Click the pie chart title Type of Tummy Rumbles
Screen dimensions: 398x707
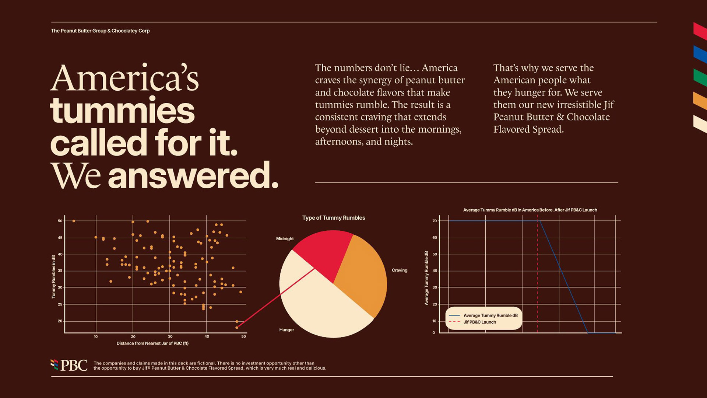coord(334,218)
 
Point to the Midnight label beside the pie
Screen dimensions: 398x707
coord(285,239)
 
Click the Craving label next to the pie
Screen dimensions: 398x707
coord(399,270)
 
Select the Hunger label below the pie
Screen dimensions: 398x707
coord(286,330)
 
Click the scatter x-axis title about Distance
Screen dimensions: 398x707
coord(152,343)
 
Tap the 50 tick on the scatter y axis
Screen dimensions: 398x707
coord(60,221)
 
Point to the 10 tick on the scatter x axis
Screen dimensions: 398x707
coord(96,336)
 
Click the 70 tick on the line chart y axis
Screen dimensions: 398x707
coord(435,221)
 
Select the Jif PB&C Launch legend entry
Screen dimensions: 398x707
coord(479,322)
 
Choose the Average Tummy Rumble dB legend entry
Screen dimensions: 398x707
coord(490,315)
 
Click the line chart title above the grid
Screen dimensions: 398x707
coord(530,210)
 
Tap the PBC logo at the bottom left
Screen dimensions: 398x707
coord(69,365)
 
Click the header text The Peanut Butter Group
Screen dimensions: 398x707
coord(100,31)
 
